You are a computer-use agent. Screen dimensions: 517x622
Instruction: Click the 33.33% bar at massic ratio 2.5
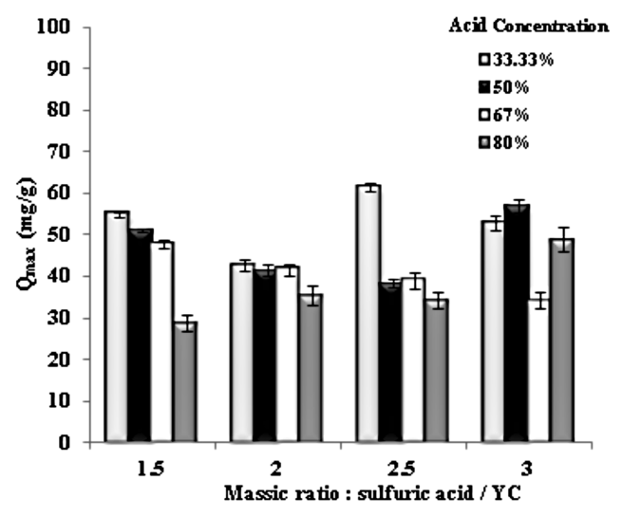368,314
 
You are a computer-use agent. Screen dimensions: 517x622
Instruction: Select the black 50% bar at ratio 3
516,323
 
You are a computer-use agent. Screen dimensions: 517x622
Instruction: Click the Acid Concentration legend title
528,27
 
